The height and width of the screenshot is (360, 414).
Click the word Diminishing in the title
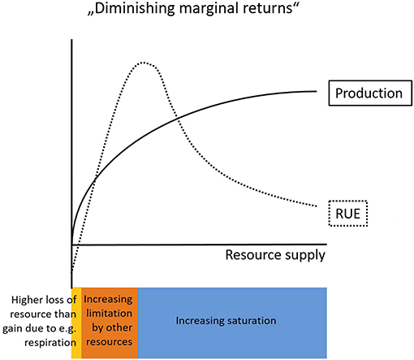[135, 9]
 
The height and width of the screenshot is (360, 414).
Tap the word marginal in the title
[208, 9]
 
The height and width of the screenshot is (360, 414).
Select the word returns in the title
[267, 8]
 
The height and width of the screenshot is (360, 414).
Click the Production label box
[370, 93]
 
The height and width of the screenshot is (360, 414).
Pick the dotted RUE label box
[348, 214]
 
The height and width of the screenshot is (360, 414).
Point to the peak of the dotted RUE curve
[143, 63]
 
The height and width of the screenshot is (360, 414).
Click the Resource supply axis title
[275, 255]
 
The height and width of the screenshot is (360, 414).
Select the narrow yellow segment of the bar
[76, 323]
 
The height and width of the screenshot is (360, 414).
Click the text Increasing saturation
[226, 321]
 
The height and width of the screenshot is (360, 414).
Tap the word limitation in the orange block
[110, 314]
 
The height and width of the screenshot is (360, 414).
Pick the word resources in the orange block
[110, 342]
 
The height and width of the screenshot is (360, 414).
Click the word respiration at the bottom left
[50, 343]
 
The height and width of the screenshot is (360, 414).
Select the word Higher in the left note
[28, 300]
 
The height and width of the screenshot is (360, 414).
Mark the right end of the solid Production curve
[317, 91]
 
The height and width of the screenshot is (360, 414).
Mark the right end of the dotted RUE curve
[317, 206]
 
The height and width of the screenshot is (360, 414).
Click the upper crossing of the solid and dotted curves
[176, 117]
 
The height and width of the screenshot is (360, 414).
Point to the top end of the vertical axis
[71, 40]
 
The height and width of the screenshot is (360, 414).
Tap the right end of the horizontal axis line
[327, 245]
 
